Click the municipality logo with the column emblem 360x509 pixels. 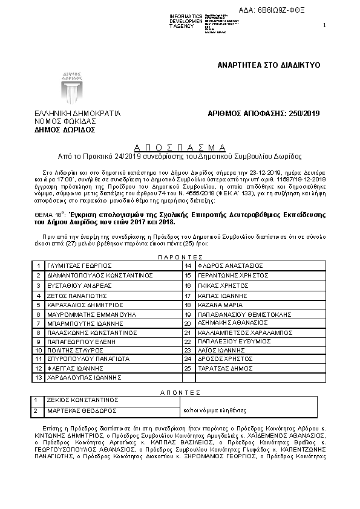pyautogui.click(x=71, y=88)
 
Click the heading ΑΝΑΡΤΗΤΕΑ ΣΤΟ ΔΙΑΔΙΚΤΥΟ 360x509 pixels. pyautogui.click(x=269, y=64)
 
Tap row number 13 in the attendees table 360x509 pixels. pyautogui.click(x=38, y=377)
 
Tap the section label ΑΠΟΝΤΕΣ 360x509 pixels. pyautogui.click(x=179, y=392)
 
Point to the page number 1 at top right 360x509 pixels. pyautogui.click(x=325, y=25)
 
